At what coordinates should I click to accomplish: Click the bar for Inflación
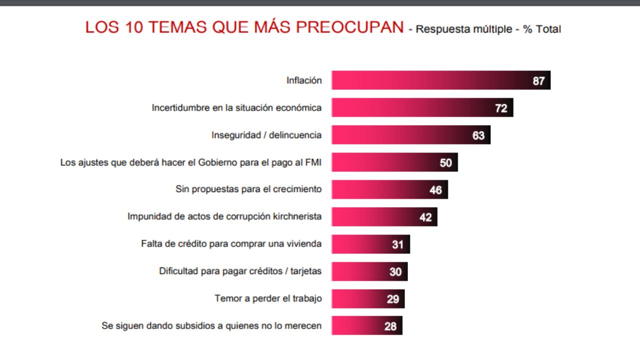(x=440, y=80)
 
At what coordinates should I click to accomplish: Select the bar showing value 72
(x=422, y=107)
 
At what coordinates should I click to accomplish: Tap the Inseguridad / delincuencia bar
(x=410, y=135)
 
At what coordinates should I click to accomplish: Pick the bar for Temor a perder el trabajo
(x=367, y=298)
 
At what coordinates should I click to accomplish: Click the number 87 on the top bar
(x=538, y=81)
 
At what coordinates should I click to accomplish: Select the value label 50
(x=445, y=163)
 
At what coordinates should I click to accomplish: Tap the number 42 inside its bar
(x=425, y=217)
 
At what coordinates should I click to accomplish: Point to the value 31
(x=397, y=244)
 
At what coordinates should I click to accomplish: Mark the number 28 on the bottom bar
(x=390, y=326)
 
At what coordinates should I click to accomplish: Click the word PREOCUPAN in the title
(x=349, y=27)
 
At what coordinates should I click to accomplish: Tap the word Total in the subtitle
(x=548, y=29)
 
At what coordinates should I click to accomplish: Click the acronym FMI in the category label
(x=312, y=162)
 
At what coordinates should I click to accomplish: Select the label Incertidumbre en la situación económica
(x=236, y=107)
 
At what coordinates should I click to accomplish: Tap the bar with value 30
(x=369, y=271)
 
